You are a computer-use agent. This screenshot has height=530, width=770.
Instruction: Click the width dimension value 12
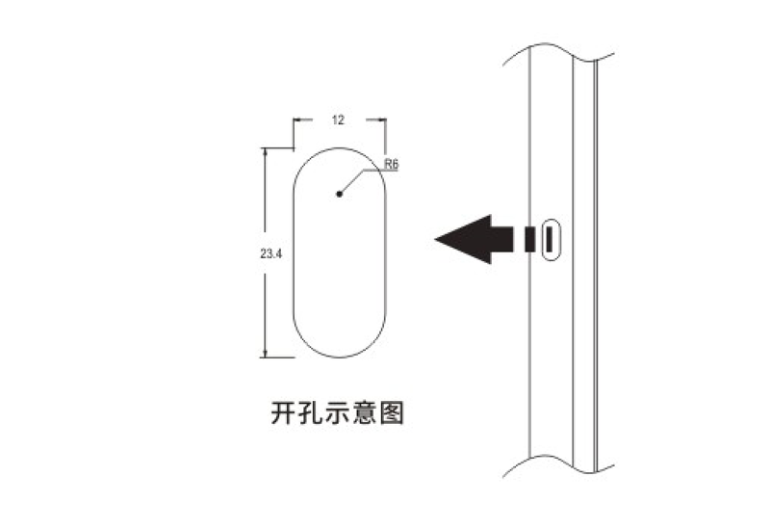tap(339, 119)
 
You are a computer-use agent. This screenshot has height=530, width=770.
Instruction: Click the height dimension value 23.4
tap(271, 253)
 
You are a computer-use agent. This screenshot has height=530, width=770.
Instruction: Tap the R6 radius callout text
tap(391, 164)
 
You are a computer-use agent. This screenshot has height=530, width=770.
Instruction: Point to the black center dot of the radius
tap(339, 194)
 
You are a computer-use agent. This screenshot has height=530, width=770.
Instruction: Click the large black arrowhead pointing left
tap(463, 239)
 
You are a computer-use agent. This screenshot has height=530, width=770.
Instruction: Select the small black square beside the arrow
tap(529, 239)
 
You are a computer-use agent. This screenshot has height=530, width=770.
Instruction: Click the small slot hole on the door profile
tap(551, 239)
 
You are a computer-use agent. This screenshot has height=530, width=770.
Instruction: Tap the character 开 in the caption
tap(284, 413)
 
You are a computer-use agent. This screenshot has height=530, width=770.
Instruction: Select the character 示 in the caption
tap(338, 413)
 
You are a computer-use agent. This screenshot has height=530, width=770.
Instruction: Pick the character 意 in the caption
tap(365, 413)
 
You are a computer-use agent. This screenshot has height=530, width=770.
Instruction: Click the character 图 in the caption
tap(392, 413)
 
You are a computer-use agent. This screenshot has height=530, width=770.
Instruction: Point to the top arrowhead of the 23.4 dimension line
tap(266, 152)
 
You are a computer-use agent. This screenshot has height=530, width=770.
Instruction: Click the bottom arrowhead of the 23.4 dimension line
tap(266, 353)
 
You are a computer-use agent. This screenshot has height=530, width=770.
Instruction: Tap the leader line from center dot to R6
tap(351, 181)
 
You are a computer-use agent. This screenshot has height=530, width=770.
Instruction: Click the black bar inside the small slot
tap(550, 239)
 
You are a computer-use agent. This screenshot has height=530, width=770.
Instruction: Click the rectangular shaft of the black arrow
tap(501, 239)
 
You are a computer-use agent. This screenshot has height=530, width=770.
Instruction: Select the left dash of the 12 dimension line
tap(302, 119)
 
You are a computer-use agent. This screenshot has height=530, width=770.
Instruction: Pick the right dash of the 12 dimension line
tap(375, 119)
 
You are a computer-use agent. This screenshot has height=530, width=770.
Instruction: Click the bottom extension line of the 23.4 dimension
tap(277, 358)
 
